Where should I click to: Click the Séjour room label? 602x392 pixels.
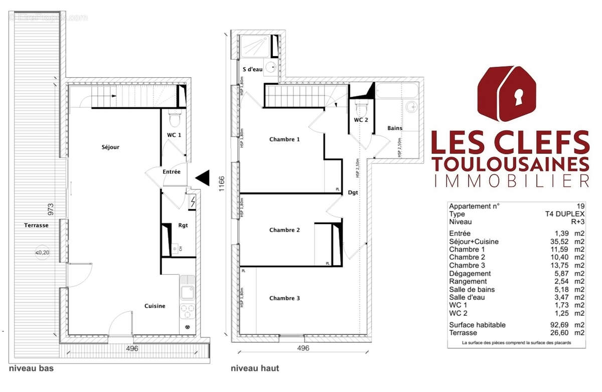[110, 147]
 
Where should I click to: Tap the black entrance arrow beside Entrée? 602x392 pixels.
[203, 177]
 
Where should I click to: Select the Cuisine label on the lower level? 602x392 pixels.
[155, 306]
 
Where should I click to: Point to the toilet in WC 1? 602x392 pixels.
[175, 119]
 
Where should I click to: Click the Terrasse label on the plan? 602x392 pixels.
[36, 226]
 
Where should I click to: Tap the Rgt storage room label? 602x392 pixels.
[183, 225]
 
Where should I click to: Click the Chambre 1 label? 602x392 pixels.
[284, 139]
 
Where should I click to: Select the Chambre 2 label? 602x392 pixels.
[284, 230]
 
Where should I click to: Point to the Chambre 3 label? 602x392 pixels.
[284, 298]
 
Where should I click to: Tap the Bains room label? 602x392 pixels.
[395, 128]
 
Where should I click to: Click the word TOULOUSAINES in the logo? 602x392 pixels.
[510, 163]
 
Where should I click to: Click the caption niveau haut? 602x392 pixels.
[255, 368]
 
